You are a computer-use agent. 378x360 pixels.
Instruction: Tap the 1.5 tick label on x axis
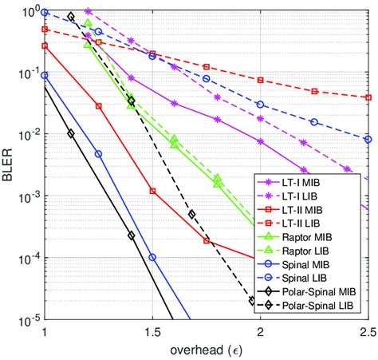152,331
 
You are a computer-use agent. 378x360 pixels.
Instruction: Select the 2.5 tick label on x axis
368,331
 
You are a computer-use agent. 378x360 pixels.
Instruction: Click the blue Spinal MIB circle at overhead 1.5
152,258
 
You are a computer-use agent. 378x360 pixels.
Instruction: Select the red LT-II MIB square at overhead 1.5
152,191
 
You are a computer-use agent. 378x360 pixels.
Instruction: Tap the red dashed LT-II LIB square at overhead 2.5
368,97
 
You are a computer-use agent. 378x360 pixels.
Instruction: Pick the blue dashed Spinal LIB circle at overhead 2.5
368,138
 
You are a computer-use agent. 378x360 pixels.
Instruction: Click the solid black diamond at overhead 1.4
131,235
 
